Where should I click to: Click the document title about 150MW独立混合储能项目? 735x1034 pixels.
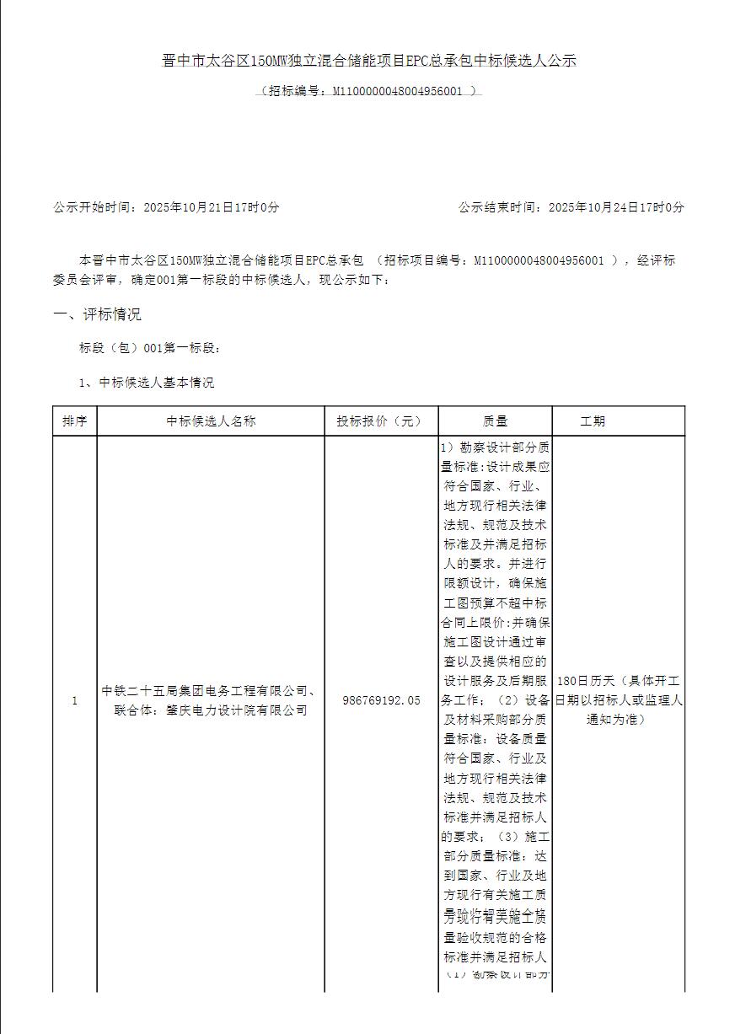coord(368,61)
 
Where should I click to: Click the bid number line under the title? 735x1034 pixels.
coord(368,90)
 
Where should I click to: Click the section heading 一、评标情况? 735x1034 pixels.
coord(97,314)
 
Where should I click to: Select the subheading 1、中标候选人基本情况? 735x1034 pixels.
coord(147,383)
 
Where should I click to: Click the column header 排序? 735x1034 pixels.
coord(75,421)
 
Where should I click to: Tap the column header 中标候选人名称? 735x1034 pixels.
coord(211,421)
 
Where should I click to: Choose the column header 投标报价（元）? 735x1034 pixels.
coord(381,421)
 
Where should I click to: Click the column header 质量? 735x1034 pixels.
coord(495,421)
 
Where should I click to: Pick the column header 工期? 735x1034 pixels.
coord(593,421)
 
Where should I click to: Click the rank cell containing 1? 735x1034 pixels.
coord(75,700)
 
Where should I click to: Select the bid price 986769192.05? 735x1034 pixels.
coord(381,700)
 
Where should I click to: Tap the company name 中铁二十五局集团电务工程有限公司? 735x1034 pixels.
coord(203,691)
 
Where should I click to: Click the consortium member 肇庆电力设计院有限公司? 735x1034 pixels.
coord(237,710)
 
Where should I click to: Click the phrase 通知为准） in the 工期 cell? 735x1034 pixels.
coord(618,720)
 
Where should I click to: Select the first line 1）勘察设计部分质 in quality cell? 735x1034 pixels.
coord(495,447)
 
